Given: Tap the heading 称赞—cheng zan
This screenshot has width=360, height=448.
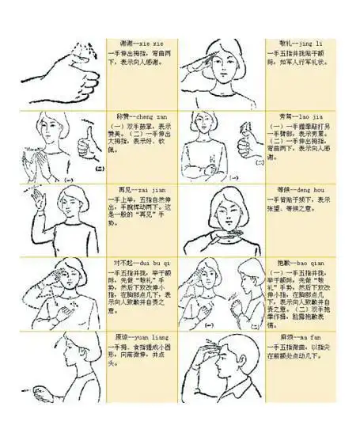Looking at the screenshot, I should [x=139, y=116].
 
